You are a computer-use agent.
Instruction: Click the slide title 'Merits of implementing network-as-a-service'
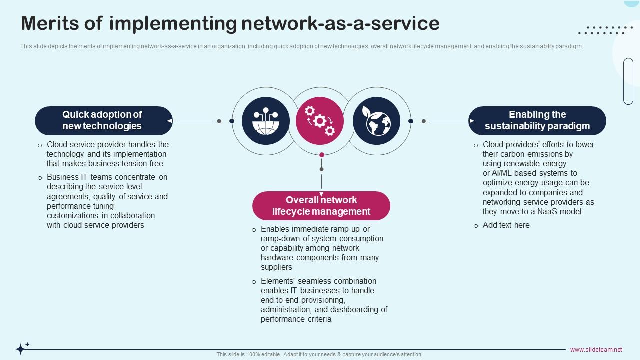(x=230, y=23)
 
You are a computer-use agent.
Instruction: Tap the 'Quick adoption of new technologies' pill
(x=103, y=120)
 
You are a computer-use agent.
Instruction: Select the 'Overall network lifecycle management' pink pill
(x=321, y=206)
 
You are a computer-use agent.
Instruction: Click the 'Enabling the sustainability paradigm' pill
(x=537, y=120)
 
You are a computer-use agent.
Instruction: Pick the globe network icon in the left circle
(x=265, y=121)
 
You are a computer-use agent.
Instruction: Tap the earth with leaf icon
(x=376, y=121)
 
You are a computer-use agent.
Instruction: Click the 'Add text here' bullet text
(x=506, y=225)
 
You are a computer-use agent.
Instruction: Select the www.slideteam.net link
(x=596, y=350)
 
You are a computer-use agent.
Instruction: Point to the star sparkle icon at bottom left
(x=21, y=348)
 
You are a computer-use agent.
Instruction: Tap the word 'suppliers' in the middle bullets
(x=276, y=267)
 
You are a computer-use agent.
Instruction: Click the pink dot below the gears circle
(x=322, y=155)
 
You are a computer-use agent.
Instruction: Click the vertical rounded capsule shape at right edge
(x=628, y=81)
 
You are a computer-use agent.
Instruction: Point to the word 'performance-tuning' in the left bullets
(x=80, y=206)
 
